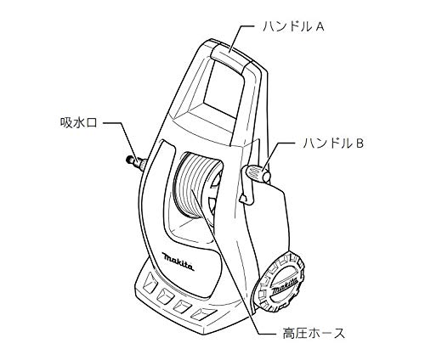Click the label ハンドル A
click(x=293, y=27)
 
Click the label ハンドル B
click(x=333, y=143)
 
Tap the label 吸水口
click(x=79, y=123)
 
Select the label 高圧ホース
click(x=314, y=333)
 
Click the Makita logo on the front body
click(x=178, y=262)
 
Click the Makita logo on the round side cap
click(x=285, y=286)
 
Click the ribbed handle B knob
click(x=258, y=173)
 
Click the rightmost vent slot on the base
click(x=203, y=312)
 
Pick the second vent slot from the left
click(x=165, y=295)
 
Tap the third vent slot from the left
click(x=183, y=305)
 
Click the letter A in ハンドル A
click(x=320, y=27)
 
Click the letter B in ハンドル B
click(x=360, y=143)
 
